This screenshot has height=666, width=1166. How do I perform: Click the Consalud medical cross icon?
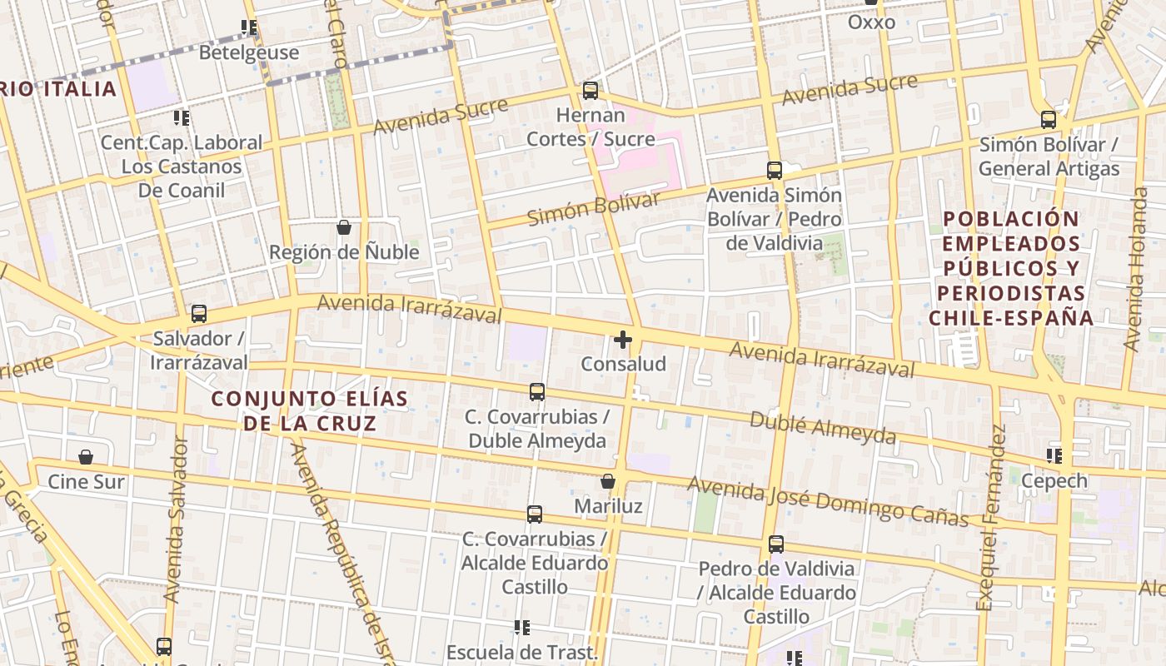(x=623, y=340)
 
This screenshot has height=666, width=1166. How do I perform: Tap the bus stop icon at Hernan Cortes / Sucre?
(x=590, y=91)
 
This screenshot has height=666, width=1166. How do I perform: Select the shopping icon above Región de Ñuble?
(x=344, y=227)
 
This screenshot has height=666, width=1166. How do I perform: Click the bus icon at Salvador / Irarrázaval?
(x=199, y=314)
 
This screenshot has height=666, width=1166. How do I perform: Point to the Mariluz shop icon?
(x=608, y=482)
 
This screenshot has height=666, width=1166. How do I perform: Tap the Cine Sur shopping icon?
(x=86, y=457)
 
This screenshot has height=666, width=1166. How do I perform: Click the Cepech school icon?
(x=1054, y=456)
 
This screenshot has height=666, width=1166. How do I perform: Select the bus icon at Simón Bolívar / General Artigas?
(x=1049, y=120)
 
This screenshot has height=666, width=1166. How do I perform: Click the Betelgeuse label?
(x=248, y=52)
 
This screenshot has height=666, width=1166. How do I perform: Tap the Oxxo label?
(x=871, y=22)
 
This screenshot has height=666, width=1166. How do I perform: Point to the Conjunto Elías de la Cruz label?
(x=310, y=410)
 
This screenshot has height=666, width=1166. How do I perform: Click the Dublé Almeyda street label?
(x=823, y=426)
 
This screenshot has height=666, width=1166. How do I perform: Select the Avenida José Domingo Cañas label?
(x=828, y=501)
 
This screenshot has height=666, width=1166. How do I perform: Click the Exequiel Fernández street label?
(x=993, y=516)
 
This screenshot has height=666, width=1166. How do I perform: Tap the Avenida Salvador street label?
(x=176, y=518)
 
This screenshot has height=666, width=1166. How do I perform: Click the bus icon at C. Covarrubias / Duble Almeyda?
(x=537, y=391)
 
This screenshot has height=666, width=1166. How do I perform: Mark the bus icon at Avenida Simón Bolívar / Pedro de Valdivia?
(x=775, y=171)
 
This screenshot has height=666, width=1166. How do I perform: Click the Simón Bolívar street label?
(x=594, y=208)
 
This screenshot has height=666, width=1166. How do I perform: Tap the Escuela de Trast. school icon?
(x=522, y=627)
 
